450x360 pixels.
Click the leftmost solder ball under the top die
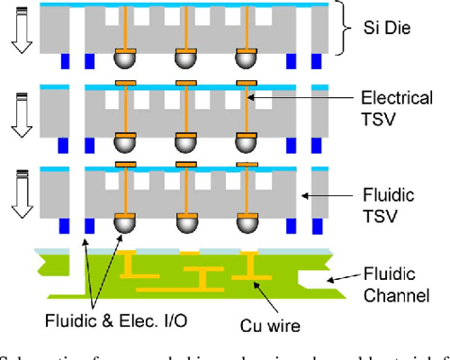click(125, 60)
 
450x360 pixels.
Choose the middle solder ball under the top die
click(185, 60)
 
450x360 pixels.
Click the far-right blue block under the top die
click(316, 62)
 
